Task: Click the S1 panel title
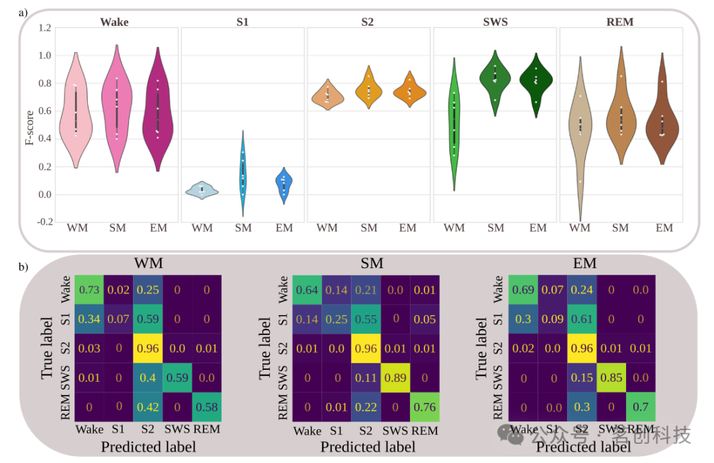point(243,22)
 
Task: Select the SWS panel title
point(495,22)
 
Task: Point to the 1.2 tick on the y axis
point(44,28)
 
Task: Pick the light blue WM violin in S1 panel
point(202,190)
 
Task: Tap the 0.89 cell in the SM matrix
point(395,377)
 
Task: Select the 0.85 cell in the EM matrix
point(611,377)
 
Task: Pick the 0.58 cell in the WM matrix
point(206,406)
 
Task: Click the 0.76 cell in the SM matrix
point(424,406)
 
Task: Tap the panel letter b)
point(24,267)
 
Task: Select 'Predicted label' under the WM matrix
point(148,446)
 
